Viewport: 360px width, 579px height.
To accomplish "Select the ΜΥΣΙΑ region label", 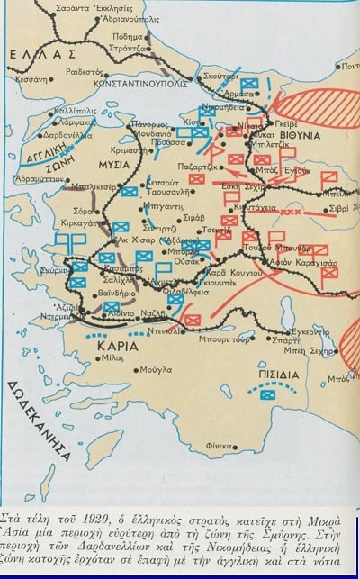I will point(112,166).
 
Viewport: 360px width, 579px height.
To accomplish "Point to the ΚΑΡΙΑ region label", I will point(119,346).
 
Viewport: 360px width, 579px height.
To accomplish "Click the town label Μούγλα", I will point(156,370).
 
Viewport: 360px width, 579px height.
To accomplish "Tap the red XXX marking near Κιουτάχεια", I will point(291,213).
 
